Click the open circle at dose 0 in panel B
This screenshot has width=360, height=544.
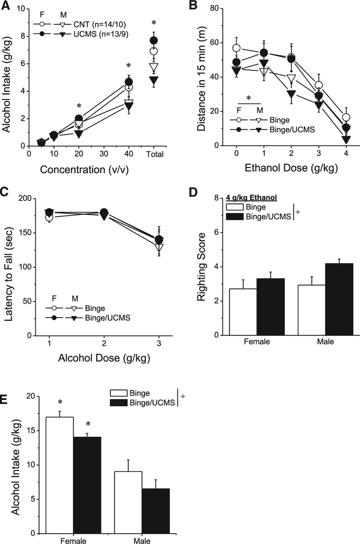pos(236,48)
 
